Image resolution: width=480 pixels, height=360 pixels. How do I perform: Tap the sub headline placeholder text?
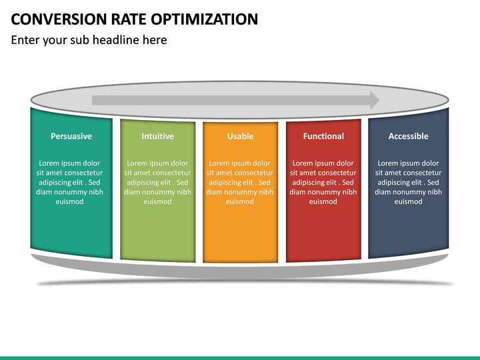[89, 40]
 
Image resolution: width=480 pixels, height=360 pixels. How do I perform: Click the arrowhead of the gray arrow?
[374, 100]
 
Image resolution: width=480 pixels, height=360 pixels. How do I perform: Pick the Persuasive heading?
[71, 136]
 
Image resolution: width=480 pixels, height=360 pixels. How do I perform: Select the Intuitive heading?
[157, 136]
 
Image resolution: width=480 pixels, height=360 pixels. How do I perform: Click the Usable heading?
[240, 136]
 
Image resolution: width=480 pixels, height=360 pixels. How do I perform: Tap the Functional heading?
[323, 136]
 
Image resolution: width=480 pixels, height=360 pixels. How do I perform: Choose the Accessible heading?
[408, 136]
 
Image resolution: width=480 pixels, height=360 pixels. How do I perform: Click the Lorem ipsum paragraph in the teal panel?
[69, 182]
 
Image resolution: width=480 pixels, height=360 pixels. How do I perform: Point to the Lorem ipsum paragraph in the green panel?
[157, 182]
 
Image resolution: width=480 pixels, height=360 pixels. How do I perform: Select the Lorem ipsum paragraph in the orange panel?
[240, 182]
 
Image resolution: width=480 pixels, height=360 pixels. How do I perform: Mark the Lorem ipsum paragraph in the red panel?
[323, 182]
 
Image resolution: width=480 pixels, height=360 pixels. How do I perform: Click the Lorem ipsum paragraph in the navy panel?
[408, 182]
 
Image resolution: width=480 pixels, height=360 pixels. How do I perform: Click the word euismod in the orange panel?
[240, 201]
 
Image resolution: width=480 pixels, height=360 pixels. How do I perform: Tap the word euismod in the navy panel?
[408, 201]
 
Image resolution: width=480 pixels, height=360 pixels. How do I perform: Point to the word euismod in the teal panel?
[69, 201]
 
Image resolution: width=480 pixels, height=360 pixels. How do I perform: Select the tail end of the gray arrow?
[95, 100]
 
